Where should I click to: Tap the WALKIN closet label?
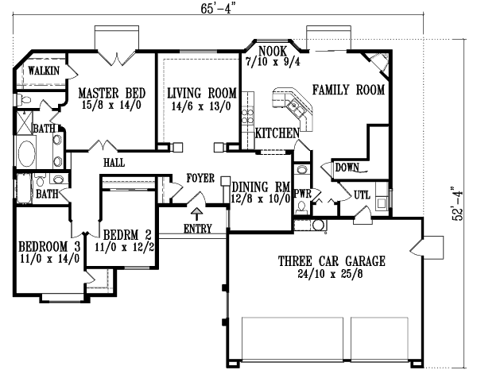(x=39, y=71)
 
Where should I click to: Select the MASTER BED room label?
(x=111, y=93)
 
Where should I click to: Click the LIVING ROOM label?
(x=195, y=93)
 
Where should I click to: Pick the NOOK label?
(x=266, y=50)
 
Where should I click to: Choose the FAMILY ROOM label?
(x=348, y=90)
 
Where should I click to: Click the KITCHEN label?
(x=277, y=133)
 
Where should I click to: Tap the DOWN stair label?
(x=346, y=168)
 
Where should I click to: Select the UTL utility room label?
(x=363, y=194)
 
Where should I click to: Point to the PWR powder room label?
(x=302, y=193)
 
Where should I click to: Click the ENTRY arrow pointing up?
(x=196, y=212)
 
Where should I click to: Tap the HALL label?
(x=113, y=163)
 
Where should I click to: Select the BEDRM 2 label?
(x=127, y=235)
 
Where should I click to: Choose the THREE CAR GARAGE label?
(x=332, y=260)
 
